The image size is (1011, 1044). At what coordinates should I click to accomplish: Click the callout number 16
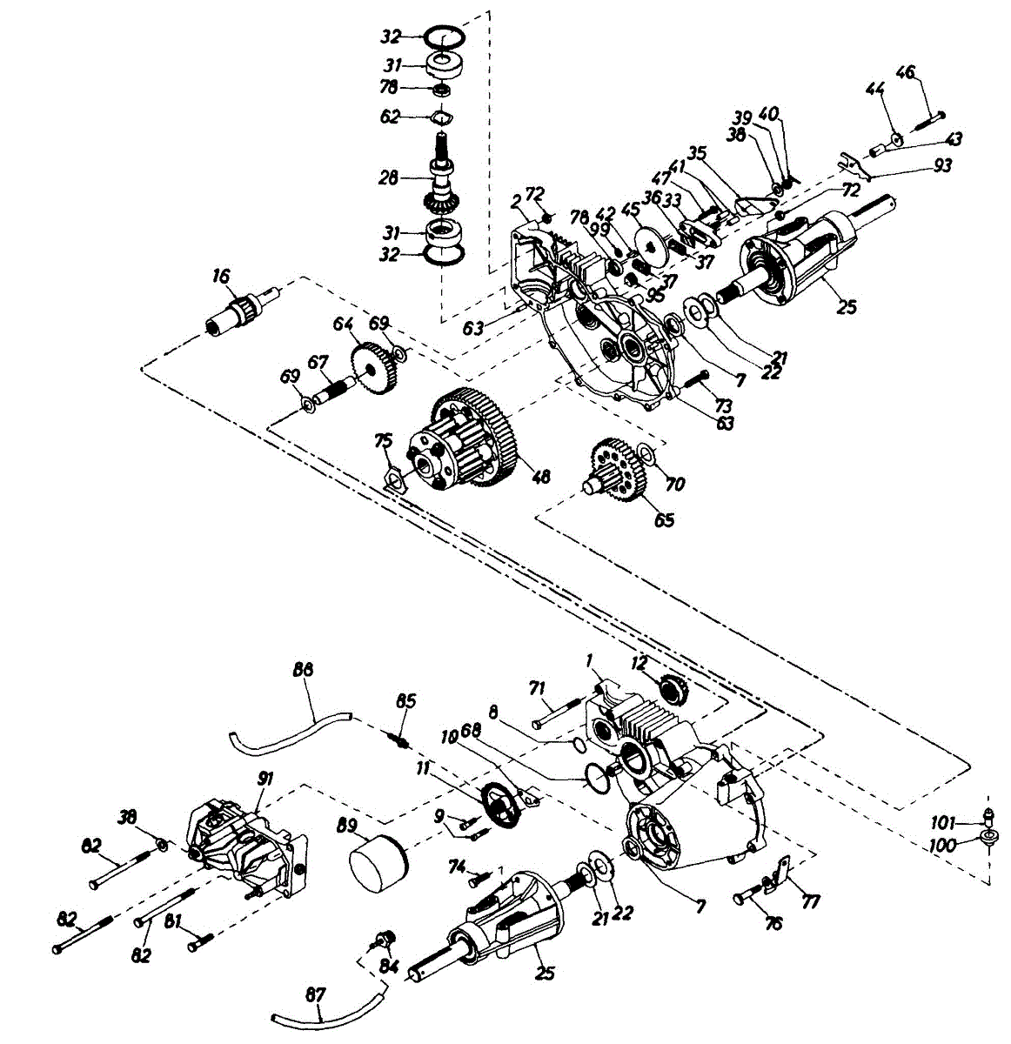[221, 276]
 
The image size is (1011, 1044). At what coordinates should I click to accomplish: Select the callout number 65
[664, 520]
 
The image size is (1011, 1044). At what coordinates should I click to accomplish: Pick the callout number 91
[264, 779]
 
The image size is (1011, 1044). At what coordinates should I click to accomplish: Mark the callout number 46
[906, 72]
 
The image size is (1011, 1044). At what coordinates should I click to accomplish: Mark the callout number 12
[639, 663]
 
